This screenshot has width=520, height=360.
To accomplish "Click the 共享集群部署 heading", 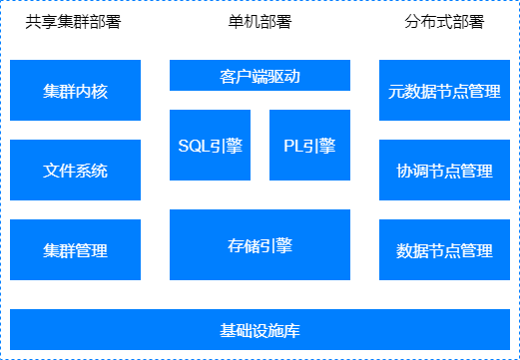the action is (x=73, y=23).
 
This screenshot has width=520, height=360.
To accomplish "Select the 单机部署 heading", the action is (x=260, y=23).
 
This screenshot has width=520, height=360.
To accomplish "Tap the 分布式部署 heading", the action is (x=444, y=23).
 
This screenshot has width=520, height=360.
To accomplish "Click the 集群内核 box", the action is (x=76, y=91).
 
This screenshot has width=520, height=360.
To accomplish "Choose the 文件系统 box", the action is (x=76, y=171).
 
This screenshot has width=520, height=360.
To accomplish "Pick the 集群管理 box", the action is (x=76, y=250).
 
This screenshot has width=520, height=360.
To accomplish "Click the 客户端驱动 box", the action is (x=260, y=76).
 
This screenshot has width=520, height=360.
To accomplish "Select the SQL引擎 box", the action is (x=210, y=146).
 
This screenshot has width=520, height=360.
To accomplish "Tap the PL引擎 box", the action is (x=309, y=146).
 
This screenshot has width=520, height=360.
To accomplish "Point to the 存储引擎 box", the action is (x=260, y=245).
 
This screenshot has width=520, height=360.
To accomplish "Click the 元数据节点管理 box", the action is (x=444, y=91).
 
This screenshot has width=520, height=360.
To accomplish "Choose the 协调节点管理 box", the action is (x=444, y=171).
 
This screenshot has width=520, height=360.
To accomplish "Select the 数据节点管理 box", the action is (x=444, y=250).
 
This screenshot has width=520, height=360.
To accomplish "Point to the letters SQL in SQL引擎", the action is (x=195, y=146).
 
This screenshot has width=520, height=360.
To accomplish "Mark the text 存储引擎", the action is (x=260, y=245).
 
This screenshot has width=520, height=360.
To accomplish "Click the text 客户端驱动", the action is (x=260, y=76).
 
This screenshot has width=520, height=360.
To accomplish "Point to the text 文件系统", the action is (x=76, y=171).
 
